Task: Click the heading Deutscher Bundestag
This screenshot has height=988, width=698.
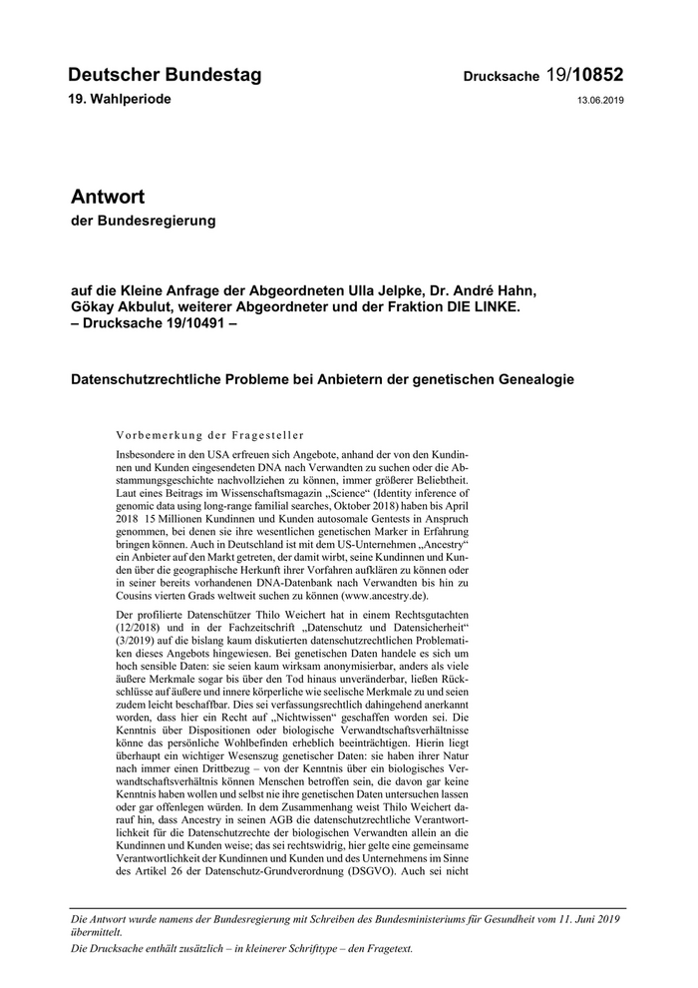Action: [x=165, y=75]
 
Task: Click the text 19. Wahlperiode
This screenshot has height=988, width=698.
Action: [x=120, y=100]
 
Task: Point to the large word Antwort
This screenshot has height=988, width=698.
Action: [x=108, y=196]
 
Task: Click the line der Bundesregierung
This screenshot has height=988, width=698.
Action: [x=143, y=220]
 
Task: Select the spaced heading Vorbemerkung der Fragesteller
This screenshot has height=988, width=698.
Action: [x=210, y=434]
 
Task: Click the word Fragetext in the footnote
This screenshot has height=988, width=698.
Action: [x=385, y=948]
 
